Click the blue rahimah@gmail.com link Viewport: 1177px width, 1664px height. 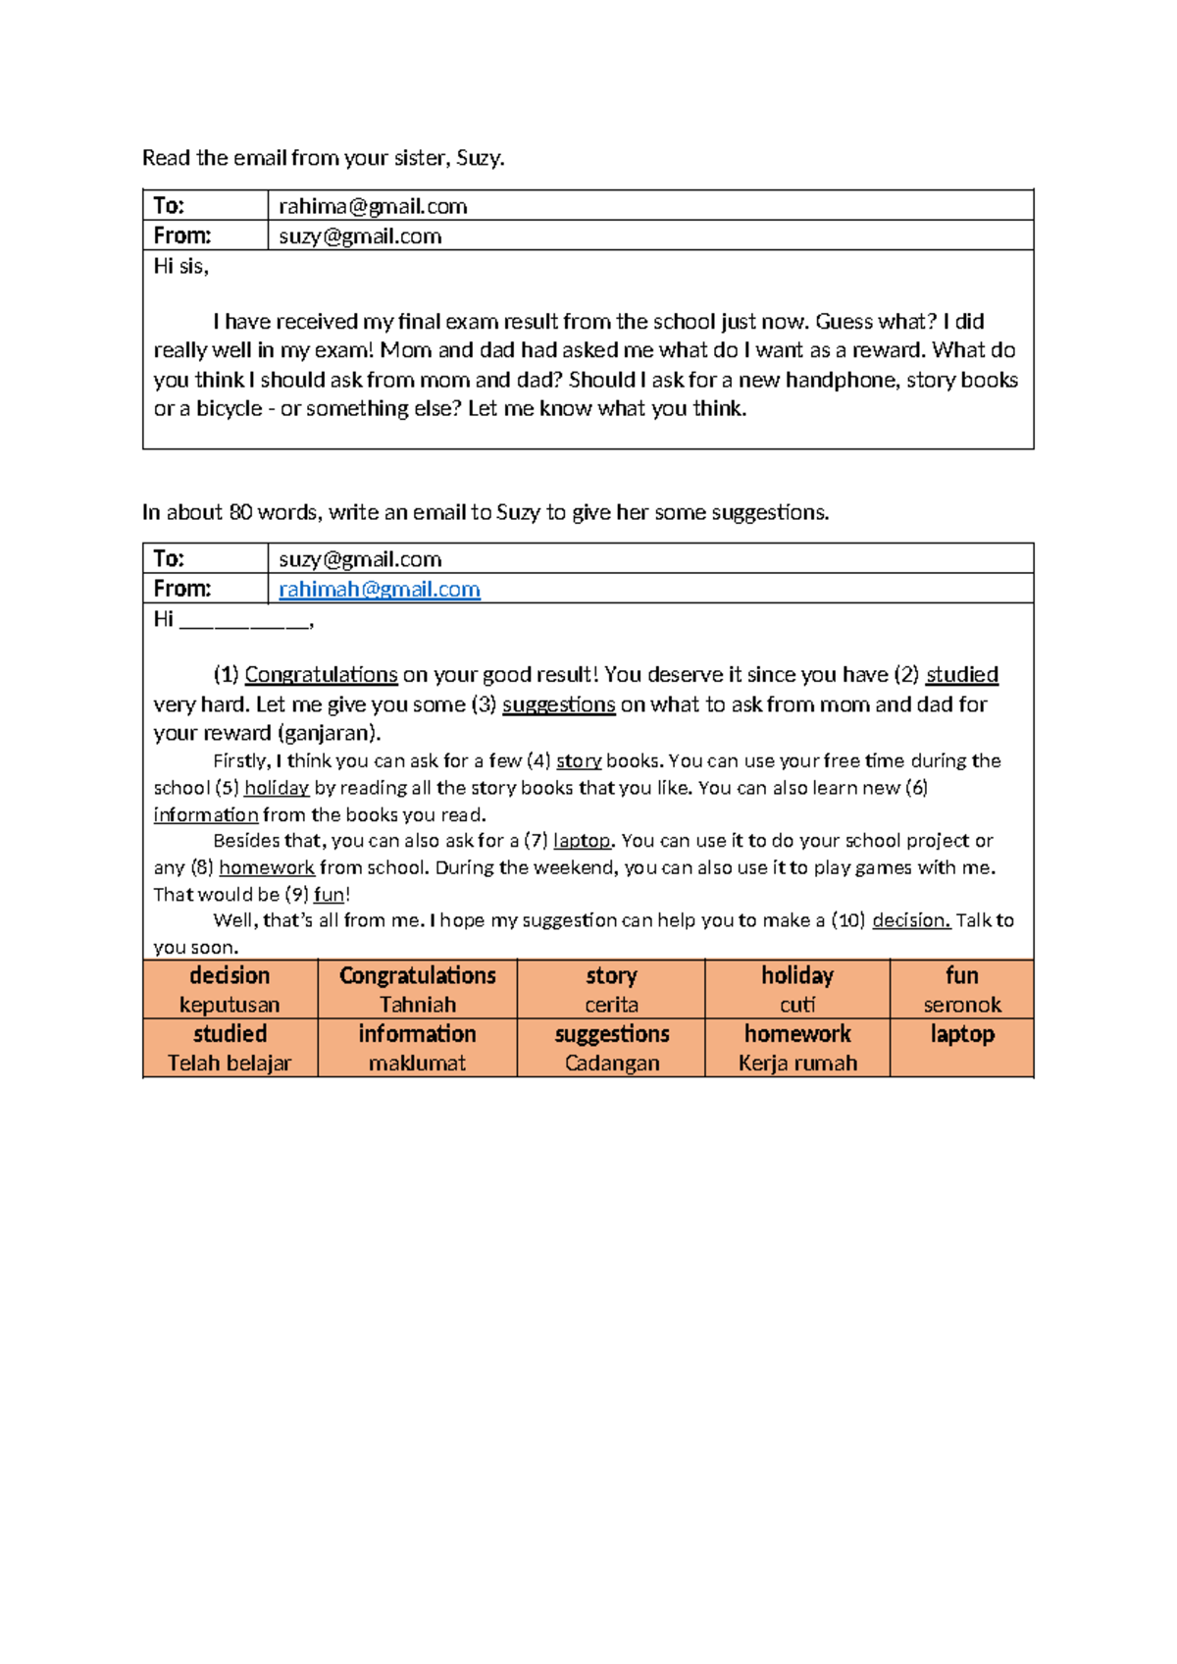click(x=380, y=589)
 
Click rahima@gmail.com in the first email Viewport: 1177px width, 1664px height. click(x=373, y=206)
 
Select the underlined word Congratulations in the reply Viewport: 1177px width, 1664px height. click(x=321, y=675)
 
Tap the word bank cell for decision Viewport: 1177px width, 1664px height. click(x=230, y=989)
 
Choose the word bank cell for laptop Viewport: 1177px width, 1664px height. click(x=961, y=1047)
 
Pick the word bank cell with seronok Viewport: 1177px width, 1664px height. click(x=961, y=1004)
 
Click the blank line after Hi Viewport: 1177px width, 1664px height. click(x=244, y=621)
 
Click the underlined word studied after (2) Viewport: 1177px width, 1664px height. click(x=961, y=675)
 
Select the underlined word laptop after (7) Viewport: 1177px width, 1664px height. click(x=582, y=841)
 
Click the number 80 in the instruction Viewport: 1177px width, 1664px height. click(x=240, y=512)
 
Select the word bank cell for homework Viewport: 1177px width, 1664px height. click(x=797, y=1047)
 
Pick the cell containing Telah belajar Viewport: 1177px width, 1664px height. click(x=230, y=1062)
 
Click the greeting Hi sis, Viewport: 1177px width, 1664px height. click(x=181, y=266)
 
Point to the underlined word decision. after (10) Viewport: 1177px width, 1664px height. click(x=910, y=920)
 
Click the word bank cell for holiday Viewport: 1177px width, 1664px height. click(x=797, y=989)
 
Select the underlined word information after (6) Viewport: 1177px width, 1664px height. click(x=206, y=814)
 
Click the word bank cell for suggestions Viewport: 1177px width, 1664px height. click(x=611, y=1047)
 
